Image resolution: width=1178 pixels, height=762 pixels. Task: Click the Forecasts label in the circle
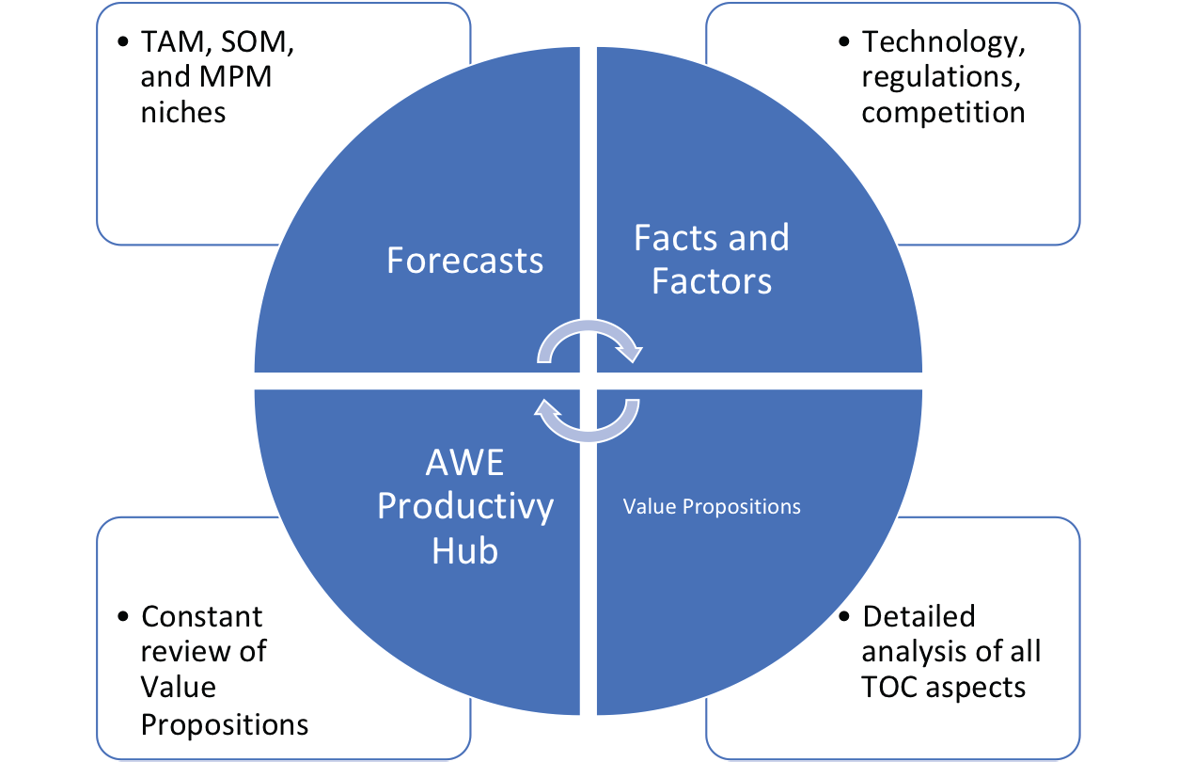pos(464,260)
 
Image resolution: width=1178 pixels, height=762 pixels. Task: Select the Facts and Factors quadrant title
pos(712,259)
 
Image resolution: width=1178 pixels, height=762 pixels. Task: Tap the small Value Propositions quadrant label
pos(712,506)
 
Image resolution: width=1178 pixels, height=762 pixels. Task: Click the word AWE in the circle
pos(464,463)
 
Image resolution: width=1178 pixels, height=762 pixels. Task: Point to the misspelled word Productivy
pos(465,507)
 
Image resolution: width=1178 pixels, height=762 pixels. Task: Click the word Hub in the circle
pos(464,551)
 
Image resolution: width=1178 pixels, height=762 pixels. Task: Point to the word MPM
pos(236,77)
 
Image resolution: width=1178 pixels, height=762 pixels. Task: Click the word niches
pos(183,113)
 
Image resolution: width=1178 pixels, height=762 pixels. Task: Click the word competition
pos(944,113)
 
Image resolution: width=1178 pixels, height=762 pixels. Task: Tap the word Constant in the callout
pos(202,617)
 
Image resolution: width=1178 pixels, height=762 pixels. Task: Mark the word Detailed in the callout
pos(919,616)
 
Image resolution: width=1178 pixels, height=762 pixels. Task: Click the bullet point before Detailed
pos(844,617)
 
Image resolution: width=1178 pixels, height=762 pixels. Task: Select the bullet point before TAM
pos(123,42)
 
